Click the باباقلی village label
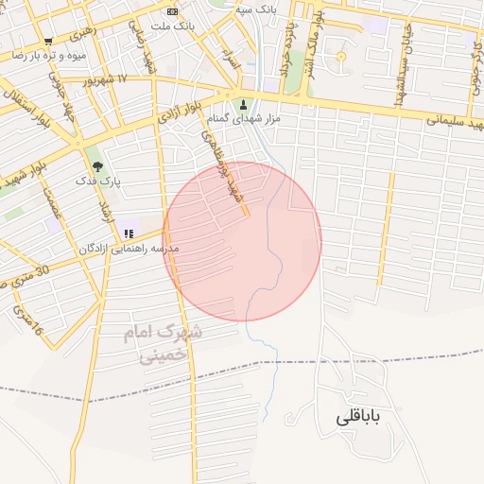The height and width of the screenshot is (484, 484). pyautogui.click(x=363, y=418)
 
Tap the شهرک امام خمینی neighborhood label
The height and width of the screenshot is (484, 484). pyautogui.click(x=164, y=345)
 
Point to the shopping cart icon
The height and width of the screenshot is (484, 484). pyautogui.click(x=48, y=42)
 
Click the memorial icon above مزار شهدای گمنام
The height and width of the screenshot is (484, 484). pyautogui.click(x=244, y=104)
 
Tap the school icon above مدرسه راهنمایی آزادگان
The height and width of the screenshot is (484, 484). pyautogui.click(x=129, y=233)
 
